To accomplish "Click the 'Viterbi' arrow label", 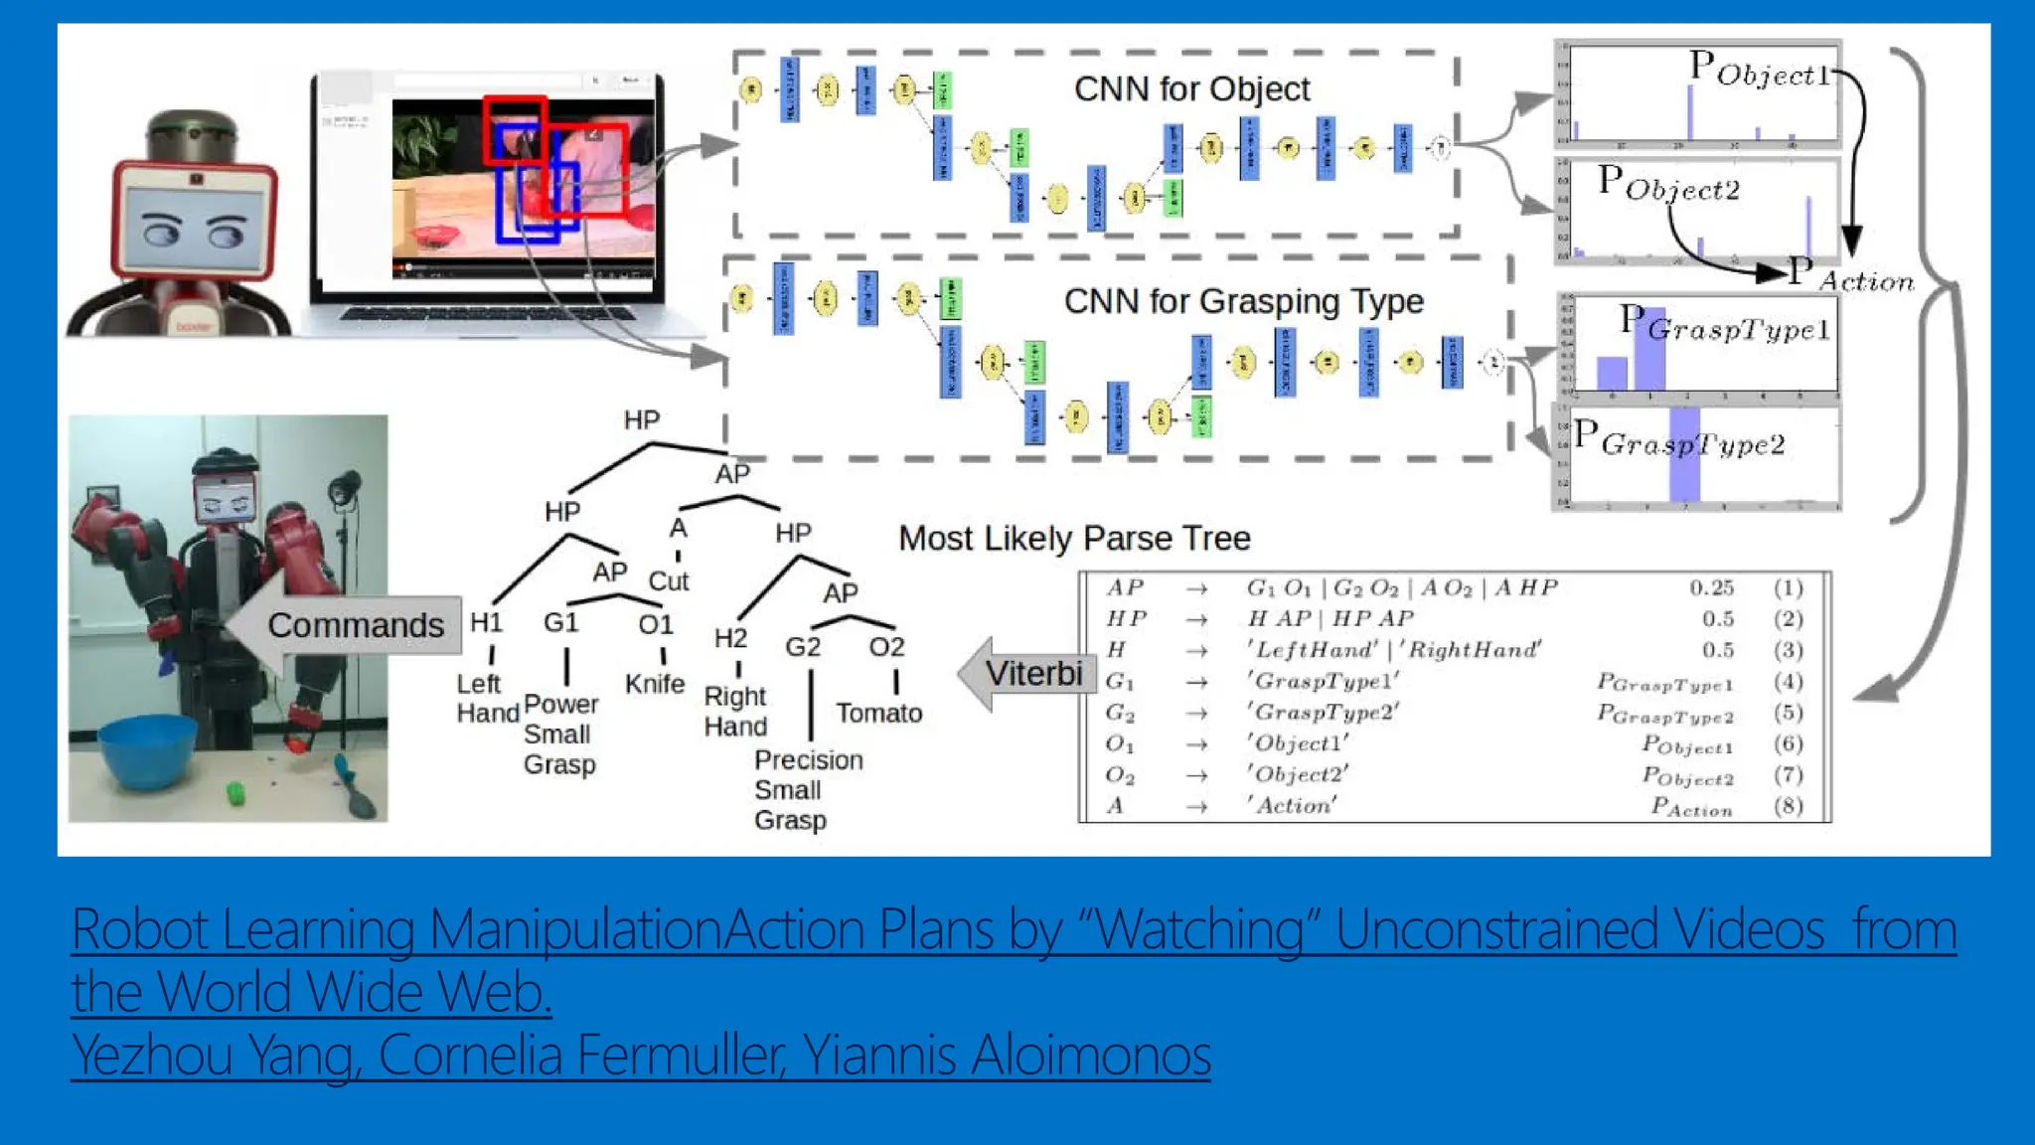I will coord(1033,673).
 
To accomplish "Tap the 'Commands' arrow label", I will coord(355,625).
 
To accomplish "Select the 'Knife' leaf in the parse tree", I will coord(655,684).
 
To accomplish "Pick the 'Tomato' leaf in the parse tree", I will coord(878,713).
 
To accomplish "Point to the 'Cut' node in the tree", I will coord(669,580).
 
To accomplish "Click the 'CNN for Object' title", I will coord(1191,89).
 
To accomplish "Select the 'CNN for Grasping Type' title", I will coord(1243,301).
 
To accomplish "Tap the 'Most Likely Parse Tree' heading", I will coord(1074,538).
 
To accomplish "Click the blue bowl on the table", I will coord(149,750).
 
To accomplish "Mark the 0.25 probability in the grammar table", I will coord(1711,587).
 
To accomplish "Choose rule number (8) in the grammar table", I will coord(1788,805).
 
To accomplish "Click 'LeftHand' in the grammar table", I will coord(1312,650).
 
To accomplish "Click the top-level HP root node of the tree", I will coord(642,419).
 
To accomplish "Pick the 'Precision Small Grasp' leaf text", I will coord(807,790).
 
